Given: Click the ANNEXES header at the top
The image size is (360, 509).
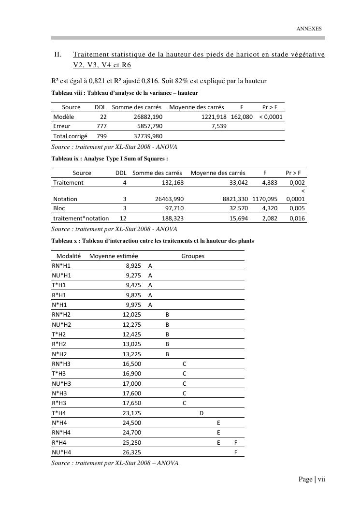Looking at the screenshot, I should pos(308,29).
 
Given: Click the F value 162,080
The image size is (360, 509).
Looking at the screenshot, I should pos(242,117).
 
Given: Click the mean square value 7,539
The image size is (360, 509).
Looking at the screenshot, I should pos(219,126).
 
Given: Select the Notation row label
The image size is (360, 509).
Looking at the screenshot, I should pos(65,199).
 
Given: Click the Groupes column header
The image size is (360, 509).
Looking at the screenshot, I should pos(193,256).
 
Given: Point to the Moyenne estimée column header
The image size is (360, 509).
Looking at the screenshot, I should pos(114,256).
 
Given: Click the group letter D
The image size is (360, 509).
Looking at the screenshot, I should pos(201,413).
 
